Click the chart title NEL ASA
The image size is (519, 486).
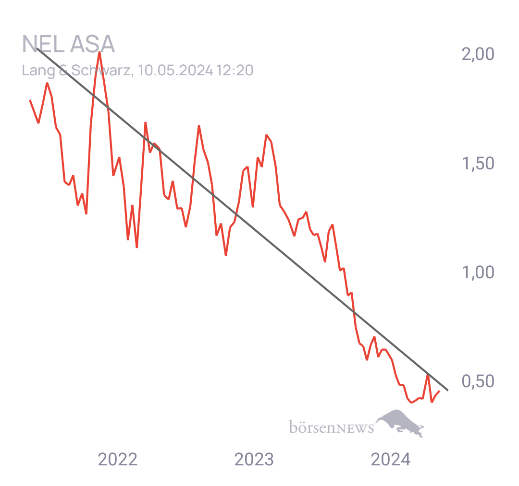pyautogui.click(x=68, y=44)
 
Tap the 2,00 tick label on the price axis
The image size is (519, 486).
pyautogui.click(x=478, y=54)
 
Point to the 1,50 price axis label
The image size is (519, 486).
pyautogui.click(x=478, y=164)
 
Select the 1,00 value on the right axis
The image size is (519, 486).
pyautogui.click(x=478, y=273)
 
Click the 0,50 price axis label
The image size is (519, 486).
pyautogui.click(x=478, y=381)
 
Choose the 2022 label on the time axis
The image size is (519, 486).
pyautogui.click(x=118, y=460)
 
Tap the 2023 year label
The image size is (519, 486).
pyautogui.click(x=254, y=460)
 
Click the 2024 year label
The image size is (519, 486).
pyautogui.click(x=391, y=460)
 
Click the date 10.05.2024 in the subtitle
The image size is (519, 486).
pyautogui.click(x=175, y=71)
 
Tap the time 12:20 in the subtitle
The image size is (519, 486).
pyautogui.click(x=235, y=71)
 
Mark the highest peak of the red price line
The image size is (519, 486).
pyautogui.click(x=99, y=52)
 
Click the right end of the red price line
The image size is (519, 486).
pyautogui.click(x=439, y=391)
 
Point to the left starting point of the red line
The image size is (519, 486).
pyautogui.click(x=30, y=100)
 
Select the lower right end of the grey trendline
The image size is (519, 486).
pyautogui.click(x=447, y=390)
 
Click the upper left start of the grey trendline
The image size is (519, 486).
pyautogui.click(x=37, y=48)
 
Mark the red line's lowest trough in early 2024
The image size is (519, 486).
pyautogui.click(x=411, y=403)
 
